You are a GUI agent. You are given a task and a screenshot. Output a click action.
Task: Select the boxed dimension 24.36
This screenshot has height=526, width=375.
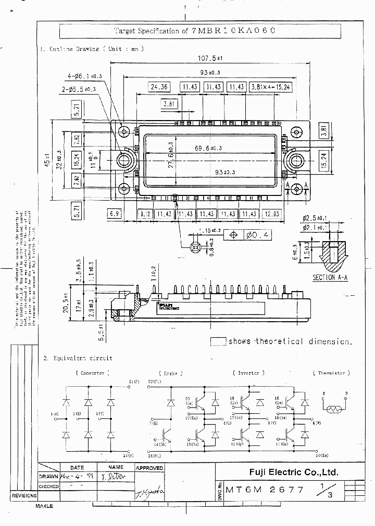tap(159, 87)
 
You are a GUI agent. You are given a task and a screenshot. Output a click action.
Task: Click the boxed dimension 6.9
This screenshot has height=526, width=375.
tap(115, 214)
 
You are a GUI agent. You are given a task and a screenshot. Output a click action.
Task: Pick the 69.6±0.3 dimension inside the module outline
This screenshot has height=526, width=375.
tap(208, 148)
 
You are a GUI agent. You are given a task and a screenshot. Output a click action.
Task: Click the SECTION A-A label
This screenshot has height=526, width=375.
tap(330, 278)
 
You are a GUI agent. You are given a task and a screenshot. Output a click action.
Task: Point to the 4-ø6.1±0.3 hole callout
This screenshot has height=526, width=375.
tap(84, 76)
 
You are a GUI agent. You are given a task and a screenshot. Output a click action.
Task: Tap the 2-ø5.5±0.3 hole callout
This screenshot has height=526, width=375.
tap(79, 89)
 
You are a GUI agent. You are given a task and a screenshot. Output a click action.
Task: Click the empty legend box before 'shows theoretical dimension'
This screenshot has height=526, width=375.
tap(218, 341)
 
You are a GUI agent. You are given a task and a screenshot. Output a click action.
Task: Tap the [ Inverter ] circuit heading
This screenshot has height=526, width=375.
tap(248, 373)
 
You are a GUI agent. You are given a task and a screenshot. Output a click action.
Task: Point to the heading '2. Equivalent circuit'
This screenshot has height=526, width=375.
tap(78, 358)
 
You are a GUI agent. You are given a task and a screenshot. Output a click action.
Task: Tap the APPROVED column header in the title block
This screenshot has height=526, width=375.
tap(149, 468)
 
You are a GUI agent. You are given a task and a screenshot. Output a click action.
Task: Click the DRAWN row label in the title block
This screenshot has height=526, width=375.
tap(49, 477)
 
